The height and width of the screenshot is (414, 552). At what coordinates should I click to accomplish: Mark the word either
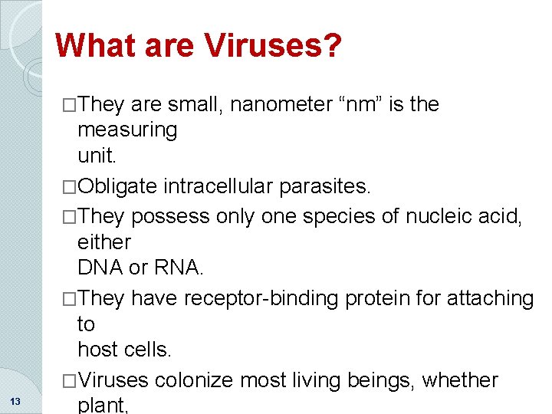tap(104, 242)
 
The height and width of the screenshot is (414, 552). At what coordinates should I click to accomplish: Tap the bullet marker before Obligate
tap(71, 186)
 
